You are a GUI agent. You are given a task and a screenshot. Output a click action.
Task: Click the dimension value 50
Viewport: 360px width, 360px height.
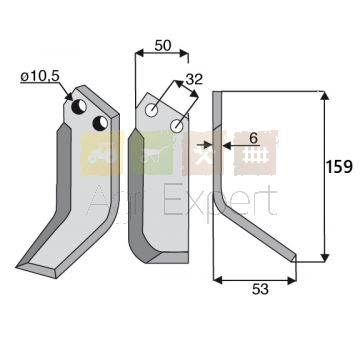(x=163, y=46)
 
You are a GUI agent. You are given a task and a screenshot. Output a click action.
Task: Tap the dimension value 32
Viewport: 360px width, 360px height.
(x=194, y=79)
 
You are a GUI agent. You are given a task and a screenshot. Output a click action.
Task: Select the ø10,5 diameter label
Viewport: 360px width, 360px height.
(x=40, y=77)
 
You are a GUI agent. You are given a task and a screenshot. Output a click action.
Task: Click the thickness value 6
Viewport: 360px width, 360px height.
(x=254, y=138)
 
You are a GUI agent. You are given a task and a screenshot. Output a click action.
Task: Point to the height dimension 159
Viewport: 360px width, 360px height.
(x=339, y=167)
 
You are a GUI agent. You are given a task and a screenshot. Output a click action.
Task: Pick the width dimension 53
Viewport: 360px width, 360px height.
(x=260, y=290)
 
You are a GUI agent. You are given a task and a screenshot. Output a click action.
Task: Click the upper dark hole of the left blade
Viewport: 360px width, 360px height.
(x=80, y=106)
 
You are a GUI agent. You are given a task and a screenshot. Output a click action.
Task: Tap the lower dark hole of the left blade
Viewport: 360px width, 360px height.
(x=100, y=123)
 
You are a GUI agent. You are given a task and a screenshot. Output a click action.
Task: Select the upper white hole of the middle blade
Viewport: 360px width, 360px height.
(x=152, y=110)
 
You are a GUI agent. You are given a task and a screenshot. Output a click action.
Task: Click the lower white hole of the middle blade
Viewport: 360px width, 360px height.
(x=176, y=126)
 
